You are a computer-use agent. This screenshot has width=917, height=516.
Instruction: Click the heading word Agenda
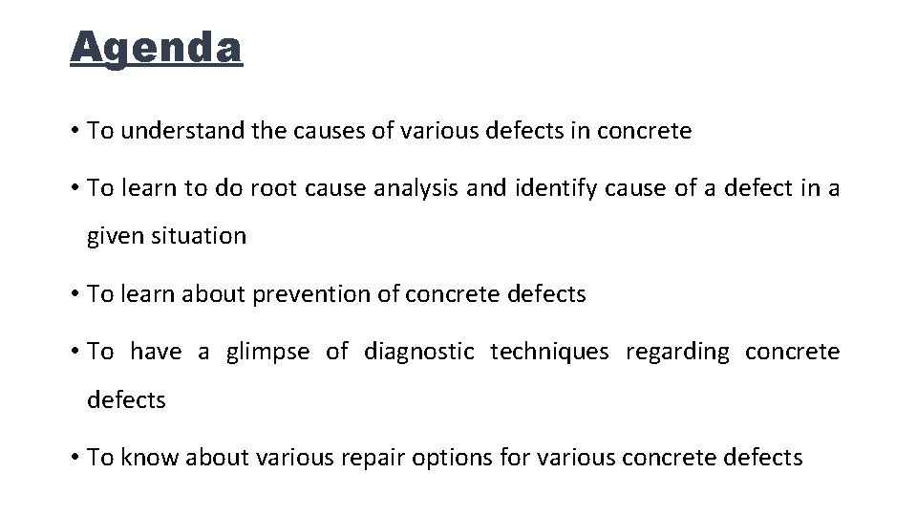point(157,47)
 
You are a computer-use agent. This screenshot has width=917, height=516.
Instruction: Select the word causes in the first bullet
point(337,131)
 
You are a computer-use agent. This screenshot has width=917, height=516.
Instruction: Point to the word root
point(274,188)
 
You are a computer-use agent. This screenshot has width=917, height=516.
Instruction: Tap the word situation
point(202,236)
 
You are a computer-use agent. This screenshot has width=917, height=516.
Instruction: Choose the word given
point(114,236)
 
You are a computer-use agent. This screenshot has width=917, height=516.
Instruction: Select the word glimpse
point(267,352)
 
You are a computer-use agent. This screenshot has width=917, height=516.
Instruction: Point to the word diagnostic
point(418,352)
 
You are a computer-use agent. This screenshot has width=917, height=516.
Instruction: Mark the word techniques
point(549,352)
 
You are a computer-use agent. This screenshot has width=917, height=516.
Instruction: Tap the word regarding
point(676,352)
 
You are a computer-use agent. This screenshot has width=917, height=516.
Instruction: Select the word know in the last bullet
point(148,458)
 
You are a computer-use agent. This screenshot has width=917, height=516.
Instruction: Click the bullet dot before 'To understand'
point(75,132)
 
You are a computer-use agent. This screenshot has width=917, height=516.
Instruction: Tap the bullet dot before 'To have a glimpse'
point(75,353)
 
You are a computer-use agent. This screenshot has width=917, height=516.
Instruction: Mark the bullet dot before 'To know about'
point(75,459)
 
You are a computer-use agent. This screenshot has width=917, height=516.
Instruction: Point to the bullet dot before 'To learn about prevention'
point(75,295)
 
